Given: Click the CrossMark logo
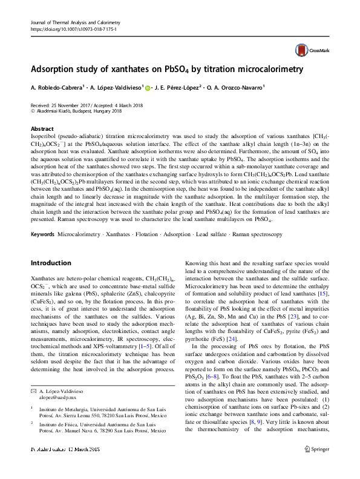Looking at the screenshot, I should point(309,50).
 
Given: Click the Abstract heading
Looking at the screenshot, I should point(42,129).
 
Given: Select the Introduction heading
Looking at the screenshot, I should point(51,263).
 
